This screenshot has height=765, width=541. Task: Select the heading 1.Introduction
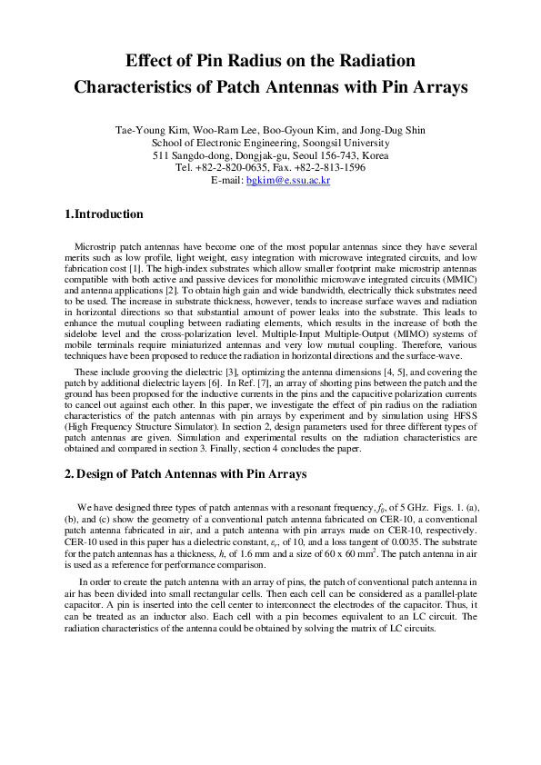(105, 215)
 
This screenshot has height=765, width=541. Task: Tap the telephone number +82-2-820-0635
(235, 168)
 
